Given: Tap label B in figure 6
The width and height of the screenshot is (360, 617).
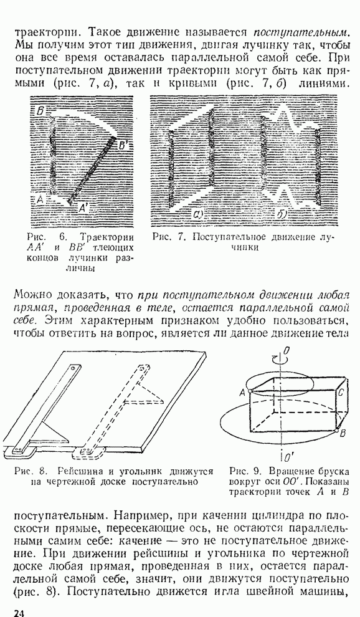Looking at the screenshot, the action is click(x=40, y=110).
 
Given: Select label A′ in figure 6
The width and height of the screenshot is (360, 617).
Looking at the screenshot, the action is click(x=84, y=209).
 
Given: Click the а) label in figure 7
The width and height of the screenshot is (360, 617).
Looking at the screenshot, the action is click(x=196, y=214).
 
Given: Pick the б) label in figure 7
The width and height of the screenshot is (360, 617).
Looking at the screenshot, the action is click(x=281, y=214).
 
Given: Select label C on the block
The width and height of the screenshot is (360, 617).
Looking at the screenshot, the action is click(x=341, y=391).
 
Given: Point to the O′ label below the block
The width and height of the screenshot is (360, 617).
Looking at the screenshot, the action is click(x=288, y=457).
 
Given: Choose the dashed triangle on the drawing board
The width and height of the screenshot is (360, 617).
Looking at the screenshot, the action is click(x=146, y=394).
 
